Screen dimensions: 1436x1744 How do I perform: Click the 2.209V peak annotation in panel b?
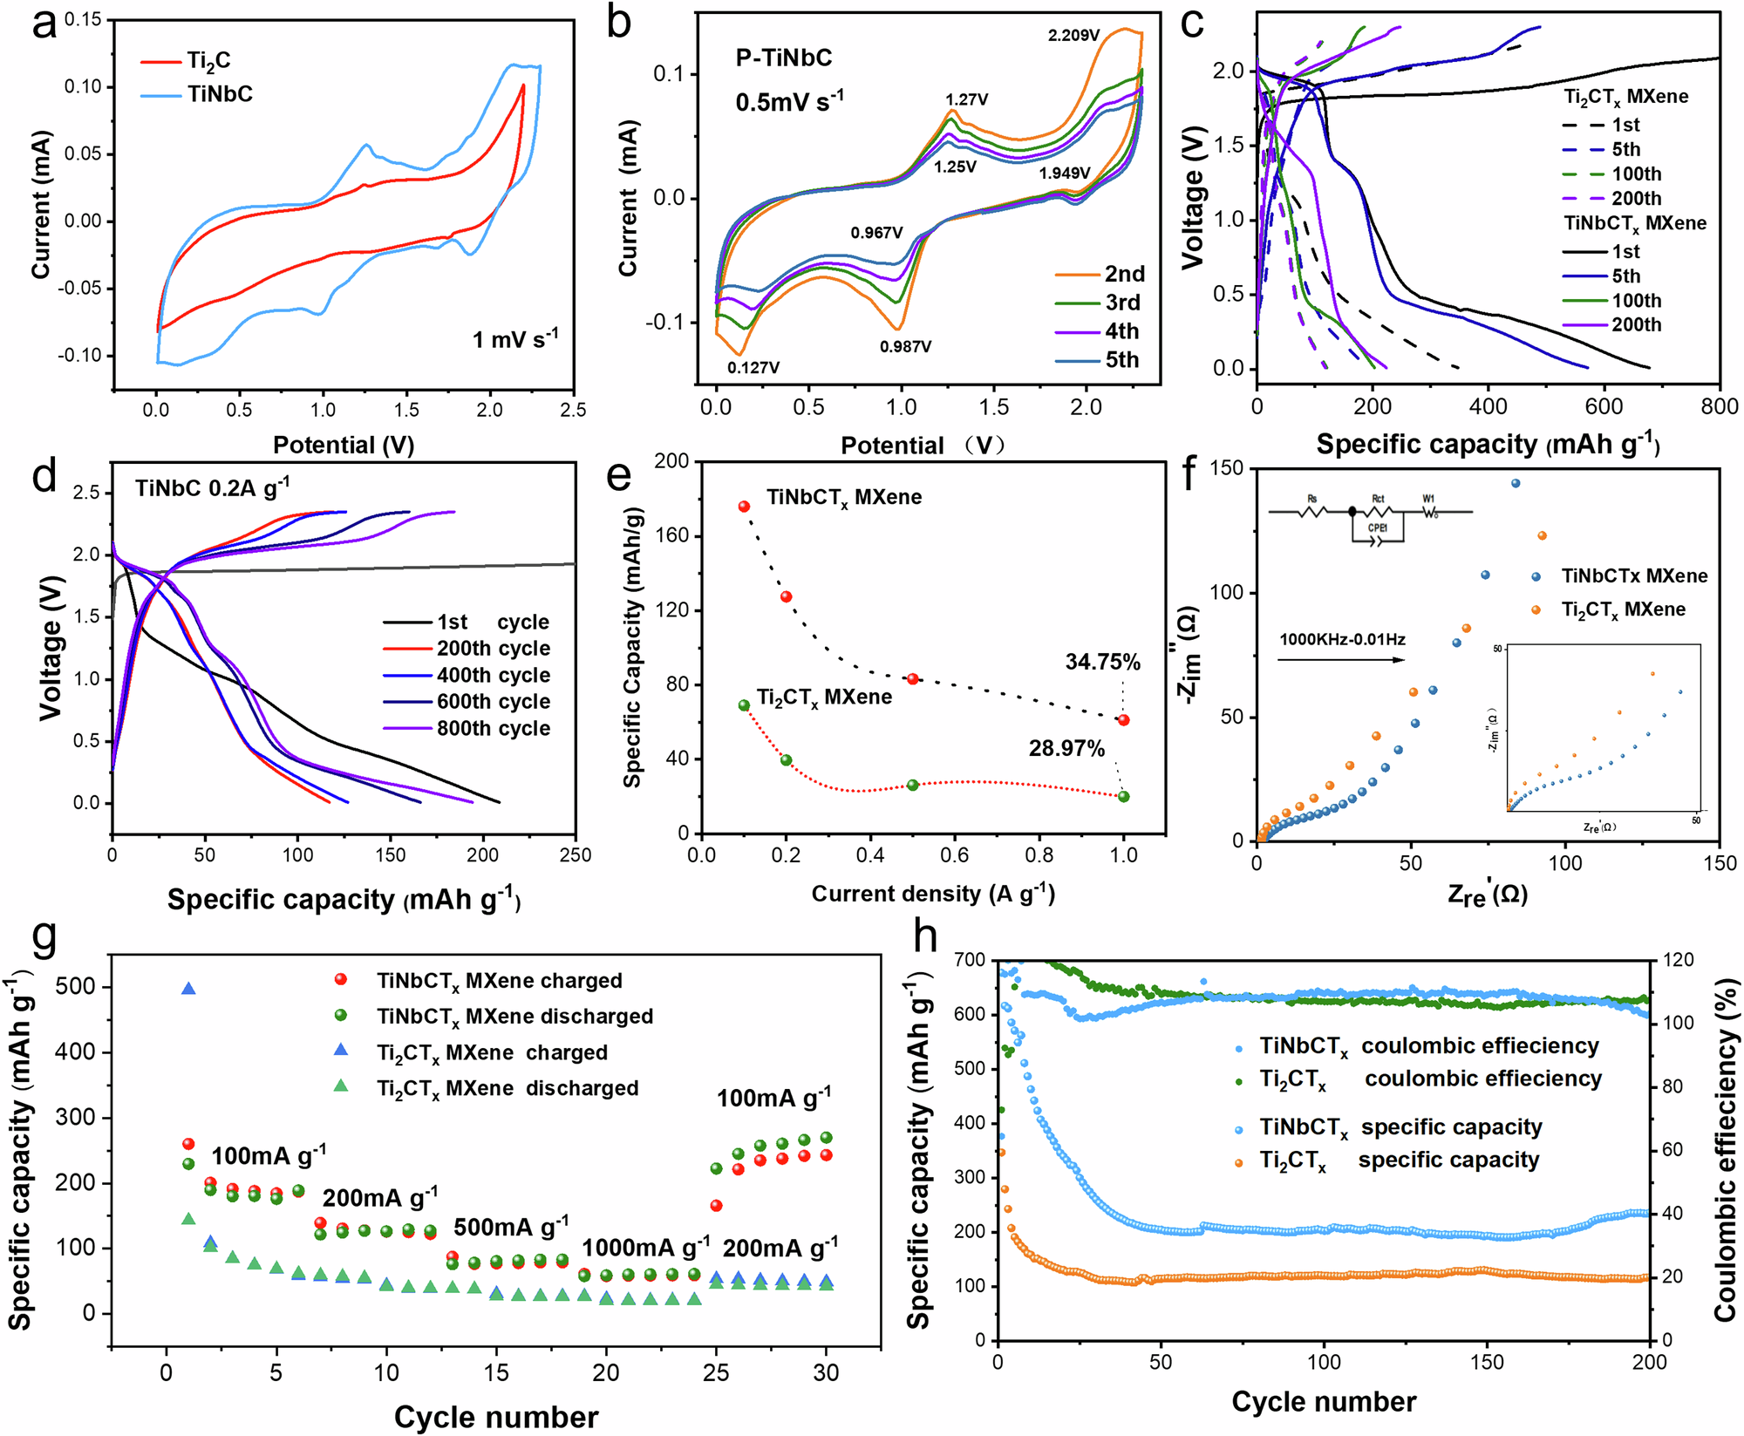coord(1073,36)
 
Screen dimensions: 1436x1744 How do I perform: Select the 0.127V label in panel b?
coord(753,368)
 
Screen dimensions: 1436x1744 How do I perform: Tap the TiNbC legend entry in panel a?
coord(220,94)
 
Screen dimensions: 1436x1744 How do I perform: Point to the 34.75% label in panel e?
coord(1102,663)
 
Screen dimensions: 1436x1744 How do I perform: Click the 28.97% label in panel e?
coord(1066,749)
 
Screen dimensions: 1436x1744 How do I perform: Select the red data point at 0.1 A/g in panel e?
coord(744,507)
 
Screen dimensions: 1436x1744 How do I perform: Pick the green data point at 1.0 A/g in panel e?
coord(1123,797)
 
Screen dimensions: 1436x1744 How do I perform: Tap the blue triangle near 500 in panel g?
coord(188,989)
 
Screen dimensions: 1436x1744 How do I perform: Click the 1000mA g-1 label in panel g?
coord(645,1248)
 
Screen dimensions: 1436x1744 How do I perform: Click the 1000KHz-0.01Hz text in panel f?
coord(1342,640)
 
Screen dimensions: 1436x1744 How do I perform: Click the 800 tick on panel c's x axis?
coord(1719,407)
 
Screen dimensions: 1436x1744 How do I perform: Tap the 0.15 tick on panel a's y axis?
coord(83,19)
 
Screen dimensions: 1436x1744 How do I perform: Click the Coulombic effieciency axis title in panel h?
coord(1725,1150)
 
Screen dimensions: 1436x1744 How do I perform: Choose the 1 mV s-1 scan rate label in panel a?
coord(514,339)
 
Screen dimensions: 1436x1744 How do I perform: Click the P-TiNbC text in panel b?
coord(783,58)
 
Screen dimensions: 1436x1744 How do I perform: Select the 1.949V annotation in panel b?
coord(1064,174)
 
